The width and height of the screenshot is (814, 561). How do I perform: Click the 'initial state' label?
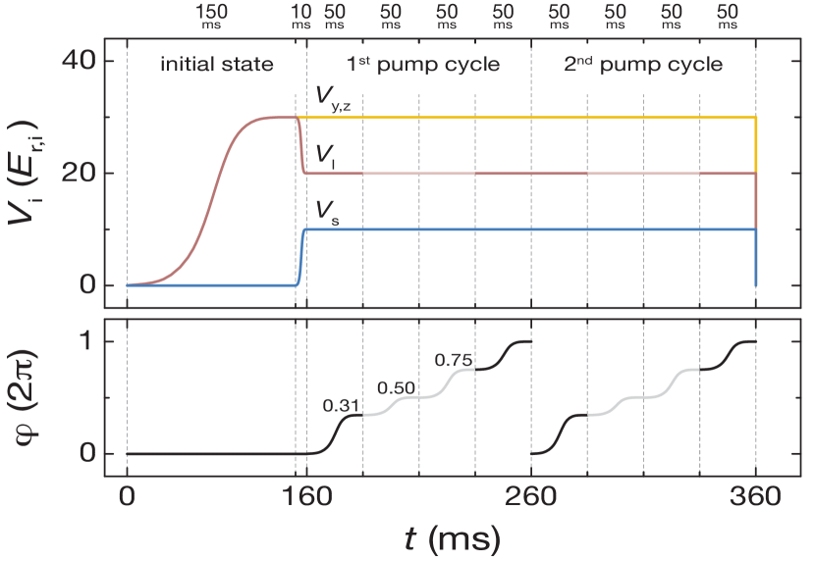pyautogui.click(x=217, y=66)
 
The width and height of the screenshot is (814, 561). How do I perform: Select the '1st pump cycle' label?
pyautogui.click(x=422, y=66)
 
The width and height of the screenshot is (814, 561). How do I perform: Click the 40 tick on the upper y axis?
pyautogui.click(x=81, y=61)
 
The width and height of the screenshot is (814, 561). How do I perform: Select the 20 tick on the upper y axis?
pyautogui.click(x=81, y=173)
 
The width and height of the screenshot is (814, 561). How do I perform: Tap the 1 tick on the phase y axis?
pyautogui.click(x=86, y=342)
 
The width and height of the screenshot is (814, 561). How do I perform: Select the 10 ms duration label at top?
pyautogui.click(x=301, y=17)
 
